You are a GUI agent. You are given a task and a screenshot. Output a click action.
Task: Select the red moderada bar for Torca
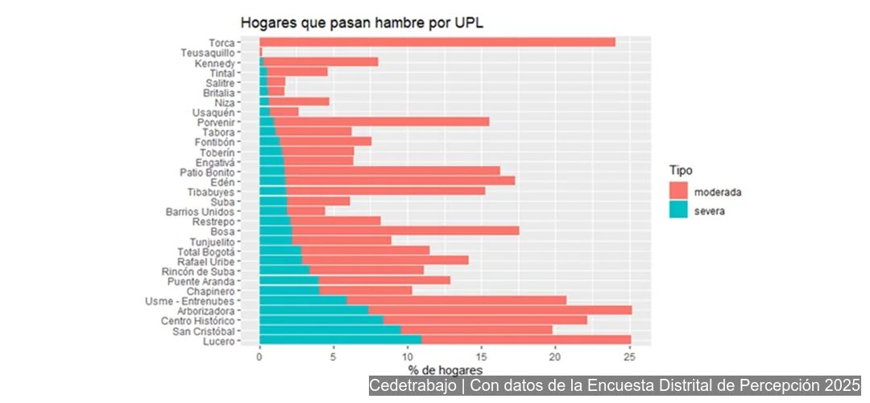click(x=437, y=42)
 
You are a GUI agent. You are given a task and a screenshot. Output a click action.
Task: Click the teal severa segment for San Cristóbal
click(x=329, y=330)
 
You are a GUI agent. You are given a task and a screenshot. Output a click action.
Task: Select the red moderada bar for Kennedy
click(x=320, y=62)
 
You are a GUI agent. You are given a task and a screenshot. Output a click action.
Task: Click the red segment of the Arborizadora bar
click(x=499, y=310)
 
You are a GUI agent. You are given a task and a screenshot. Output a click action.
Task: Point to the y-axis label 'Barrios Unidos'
click(x=200, y=211)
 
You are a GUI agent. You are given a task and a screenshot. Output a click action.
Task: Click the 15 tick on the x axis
click(x=481, y=355)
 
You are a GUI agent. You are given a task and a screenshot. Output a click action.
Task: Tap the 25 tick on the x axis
click(x=629, y=355)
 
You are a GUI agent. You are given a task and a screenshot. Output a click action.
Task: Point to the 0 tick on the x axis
click(x=259, y=355)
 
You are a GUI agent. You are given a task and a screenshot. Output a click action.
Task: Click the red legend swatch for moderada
click(x=678, y=192)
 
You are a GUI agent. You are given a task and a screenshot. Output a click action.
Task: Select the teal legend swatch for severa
click(x=678, y=211)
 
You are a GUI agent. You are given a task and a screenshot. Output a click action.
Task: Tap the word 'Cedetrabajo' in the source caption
click(x=412, y=386)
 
